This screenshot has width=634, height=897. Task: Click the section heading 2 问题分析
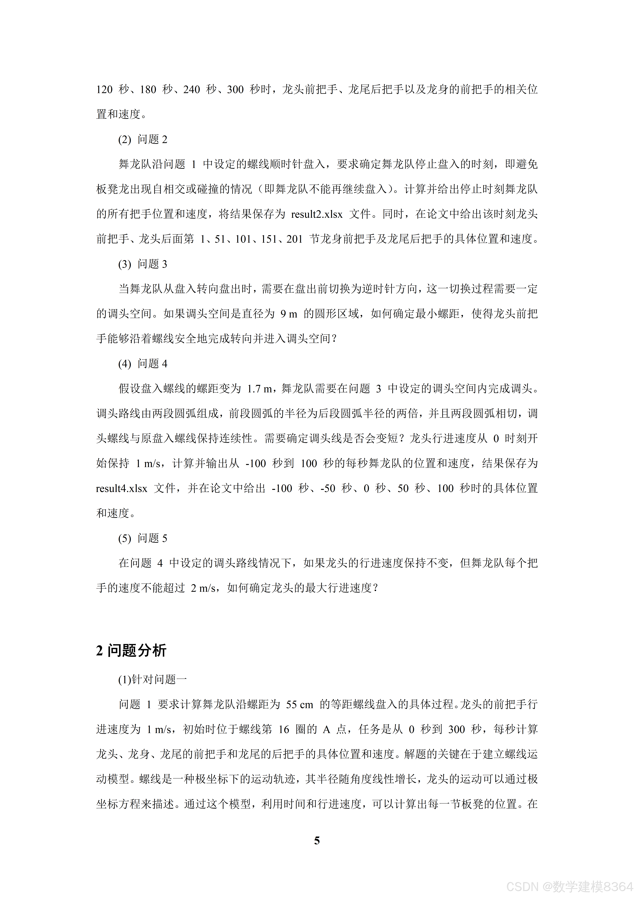[x=131, y=650]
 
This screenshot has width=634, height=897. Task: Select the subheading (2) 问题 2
[x=143, y=139]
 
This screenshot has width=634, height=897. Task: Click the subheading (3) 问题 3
[x=143, y=264]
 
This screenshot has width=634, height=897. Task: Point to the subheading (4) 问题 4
[x=143, y=364]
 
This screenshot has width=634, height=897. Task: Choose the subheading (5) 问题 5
[x=143, y=538]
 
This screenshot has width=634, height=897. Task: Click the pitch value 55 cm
[x=300, y=704]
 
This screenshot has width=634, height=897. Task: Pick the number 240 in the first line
[x=192, y=90]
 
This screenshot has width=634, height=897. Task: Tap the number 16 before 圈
[x=284, y=729]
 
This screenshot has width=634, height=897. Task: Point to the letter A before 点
[x=327, y=729]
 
